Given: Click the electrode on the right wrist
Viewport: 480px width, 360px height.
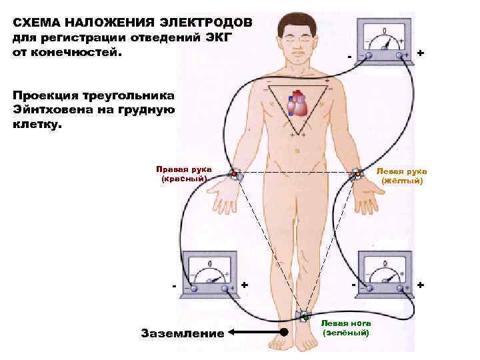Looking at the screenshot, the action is [234, 175].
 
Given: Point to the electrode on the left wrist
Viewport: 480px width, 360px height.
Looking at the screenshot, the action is [357, 175].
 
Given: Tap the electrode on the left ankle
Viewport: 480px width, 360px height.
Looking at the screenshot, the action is [305, 316].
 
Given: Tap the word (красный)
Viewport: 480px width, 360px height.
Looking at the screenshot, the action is [180, 179].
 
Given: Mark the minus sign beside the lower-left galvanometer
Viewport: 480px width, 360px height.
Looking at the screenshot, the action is [174, 286].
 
